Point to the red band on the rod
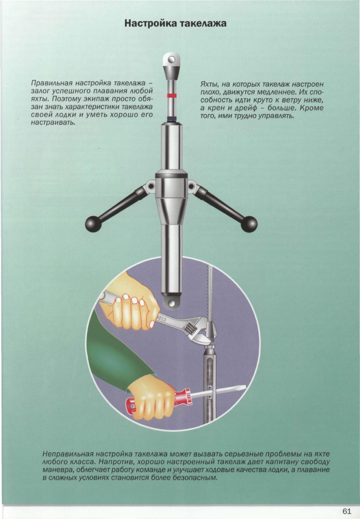click(171, 95)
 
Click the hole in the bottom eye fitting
click(172, 303)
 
